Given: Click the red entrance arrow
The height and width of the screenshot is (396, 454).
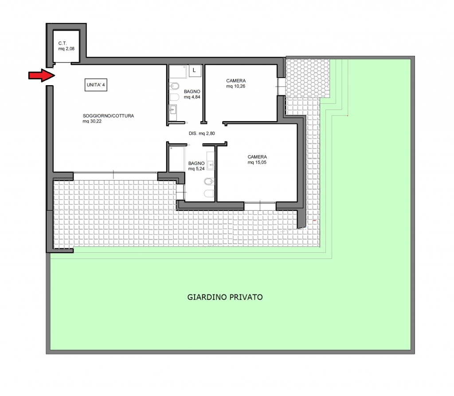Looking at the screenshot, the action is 42,75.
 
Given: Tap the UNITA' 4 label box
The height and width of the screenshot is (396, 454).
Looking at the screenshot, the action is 96,85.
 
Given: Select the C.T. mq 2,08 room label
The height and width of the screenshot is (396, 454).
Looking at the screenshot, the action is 67,46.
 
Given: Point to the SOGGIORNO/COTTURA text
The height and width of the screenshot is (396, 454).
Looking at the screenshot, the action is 108,116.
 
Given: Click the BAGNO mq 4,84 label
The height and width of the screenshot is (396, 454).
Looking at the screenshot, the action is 192,94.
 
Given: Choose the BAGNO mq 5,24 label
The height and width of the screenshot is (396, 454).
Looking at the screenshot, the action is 196,166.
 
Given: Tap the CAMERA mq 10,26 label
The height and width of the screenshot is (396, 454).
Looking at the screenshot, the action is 236,83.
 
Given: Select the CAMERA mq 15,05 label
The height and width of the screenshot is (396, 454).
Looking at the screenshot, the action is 257,160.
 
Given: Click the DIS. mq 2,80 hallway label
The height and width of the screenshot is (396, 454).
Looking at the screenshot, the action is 202,133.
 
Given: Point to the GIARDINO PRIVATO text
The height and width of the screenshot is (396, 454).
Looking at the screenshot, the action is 225,297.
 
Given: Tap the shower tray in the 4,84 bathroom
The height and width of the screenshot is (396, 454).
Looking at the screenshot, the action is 178,71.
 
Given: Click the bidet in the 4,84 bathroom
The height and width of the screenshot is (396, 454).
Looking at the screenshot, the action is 174,86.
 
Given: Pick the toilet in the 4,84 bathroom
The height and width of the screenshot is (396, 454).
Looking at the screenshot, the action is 174,97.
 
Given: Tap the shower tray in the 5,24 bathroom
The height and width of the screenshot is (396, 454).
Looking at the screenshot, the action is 176,159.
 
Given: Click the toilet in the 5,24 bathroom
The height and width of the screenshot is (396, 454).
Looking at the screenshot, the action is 209,193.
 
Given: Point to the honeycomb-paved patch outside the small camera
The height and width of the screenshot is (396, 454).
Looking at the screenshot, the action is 308,78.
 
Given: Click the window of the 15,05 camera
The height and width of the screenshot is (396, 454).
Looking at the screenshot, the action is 260,206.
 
